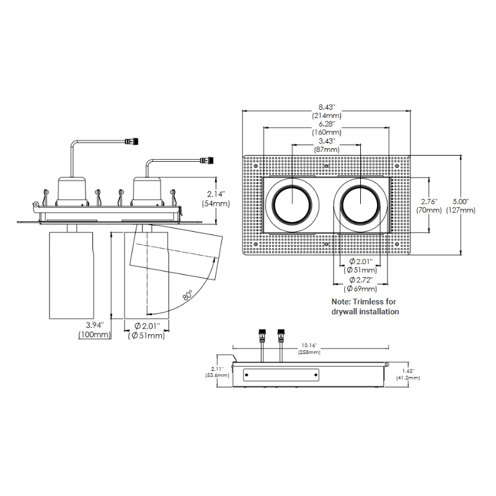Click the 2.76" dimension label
click(429, 201)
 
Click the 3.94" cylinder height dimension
click(94, 324)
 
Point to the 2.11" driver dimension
click(217, 367)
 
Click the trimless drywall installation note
click(365, 306)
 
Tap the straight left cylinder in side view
click(73, 273)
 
